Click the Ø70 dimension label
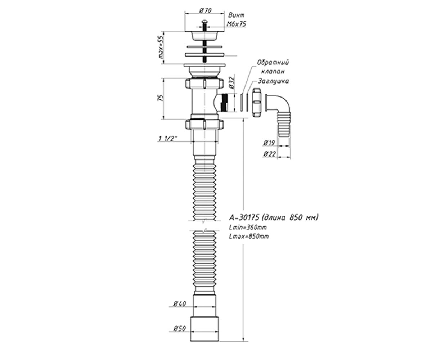[205, 10]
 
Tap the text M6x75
[236, 24]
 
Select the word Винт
[236, 15]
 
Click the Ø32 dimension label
[232, 82]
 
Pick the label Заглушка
[273, 81]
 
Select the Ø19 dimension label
[269, 143]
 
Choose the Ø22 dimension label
[269, 154]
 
